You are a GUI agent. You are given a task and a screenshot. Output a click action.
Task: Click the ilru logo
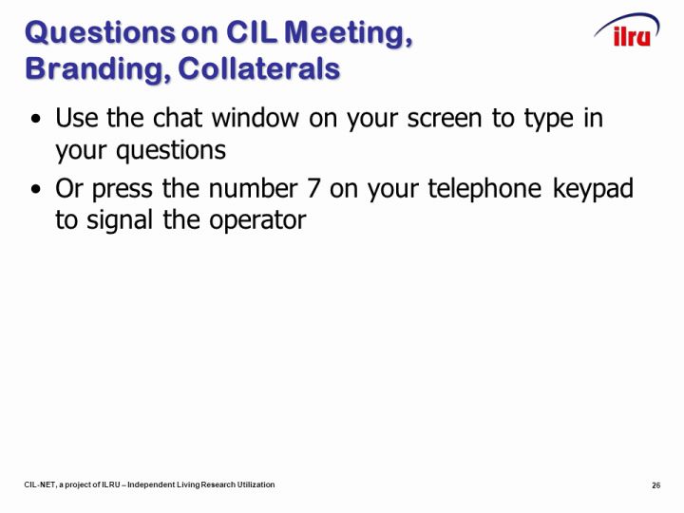pyautogui.click(x=627, y=29)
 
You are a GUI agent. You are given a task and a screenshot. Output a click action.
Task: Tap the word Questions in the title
pyautogui.click(x=100, y=33)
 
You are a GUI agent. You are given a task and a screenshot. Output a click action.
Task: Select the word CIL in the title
pyautogui.click(x=252, y=32)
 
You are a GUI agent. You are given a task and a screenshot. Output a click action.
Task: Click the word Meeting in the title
pyautogui.click(x=348, y=34)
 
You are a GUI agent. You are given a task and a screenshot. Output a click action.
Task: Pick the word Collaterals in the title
pyautogui.click(x=258, y=68)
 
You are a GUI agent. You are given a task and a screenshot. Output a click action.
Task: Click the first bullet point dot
pyautogui.click(x=36, y=119)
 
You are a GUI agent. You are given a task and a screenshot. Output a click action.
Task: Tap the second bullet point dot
pyautogui.click(x=36, y=189)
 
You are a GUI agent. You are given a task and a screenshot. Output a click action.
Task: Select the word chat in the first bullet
pyautogui.click(x=178, y=118)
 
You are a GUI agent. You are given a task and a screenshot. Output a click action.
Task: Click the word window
pyautogui.click(x=256, y=118)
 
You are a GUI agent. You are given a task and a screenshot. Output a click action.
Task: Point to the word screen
pyautogui.click(x=445, y=119)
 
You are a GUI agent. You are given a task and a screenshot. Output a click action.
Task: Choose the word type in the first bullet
pyautogui.click(x=549, y=119)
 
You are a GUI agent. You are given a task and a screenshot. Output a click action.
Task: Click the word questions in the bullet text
pyautogui.click(x=171, y=151)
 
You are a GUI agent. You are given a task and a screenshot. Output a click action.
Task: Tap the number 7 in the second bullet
pyautogui.click(x=313, y=188)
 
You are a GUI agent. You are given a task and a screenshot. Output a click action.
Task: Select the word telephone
pyautogui.click(x=484, y=188)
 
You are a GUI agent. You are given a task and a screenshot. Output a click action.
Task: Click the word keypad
pyautogui.click(x=593, y=188)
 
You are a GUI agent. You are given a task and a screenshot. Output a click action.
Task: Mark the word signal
pyautogui.click(x=120, y=220)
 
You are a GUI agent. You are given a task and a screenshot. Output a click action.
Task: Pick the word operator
pyautogui.click(x=257, y=221)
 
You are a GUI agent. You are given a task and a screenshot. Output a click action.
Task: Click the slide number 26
pyautogui.click(x=656, y=485)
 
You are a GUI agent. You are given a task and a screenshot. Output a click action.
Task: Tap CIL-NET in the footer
pyautogui.click(x=40, y=484)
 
